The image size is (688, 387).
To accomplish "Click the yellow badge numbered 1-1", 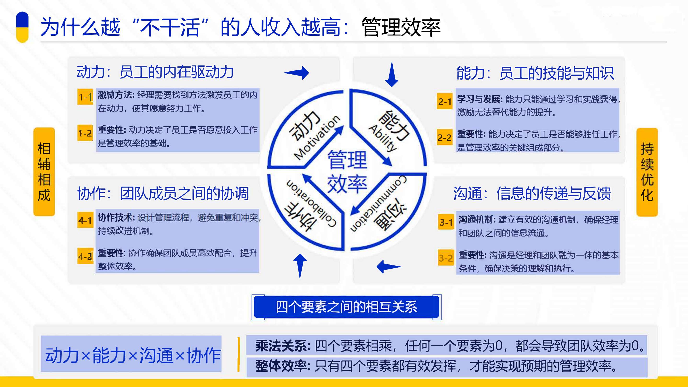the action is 85,97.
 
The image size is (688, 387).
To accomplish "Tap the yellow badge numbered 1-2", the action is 85,133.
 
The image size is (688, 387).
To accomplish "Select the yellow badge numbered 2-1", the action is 445,101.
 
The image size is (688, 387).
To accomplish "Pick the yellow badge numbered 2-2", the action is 445,137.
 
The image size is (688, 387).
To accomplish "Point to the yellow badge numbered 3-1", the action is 446,222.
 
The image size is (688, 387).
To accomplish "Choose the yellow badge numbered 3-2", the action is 446,258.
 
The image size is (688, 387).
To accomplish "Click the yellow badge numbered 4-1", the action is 85,220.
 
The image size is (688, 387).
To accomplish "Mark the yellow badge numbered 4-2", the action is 85,256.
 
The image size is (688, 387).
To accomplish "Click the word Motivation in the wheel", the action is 317,137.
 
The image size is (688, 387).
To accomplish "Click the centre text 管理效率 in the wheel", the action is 347,171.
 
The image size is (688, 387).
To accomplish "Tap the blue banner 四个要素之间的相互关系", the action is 346,307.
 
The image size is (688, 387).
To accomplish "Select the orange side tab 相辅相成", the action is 44,172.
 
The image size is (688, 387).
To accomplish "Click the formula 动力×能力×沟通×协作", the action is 133,355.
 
